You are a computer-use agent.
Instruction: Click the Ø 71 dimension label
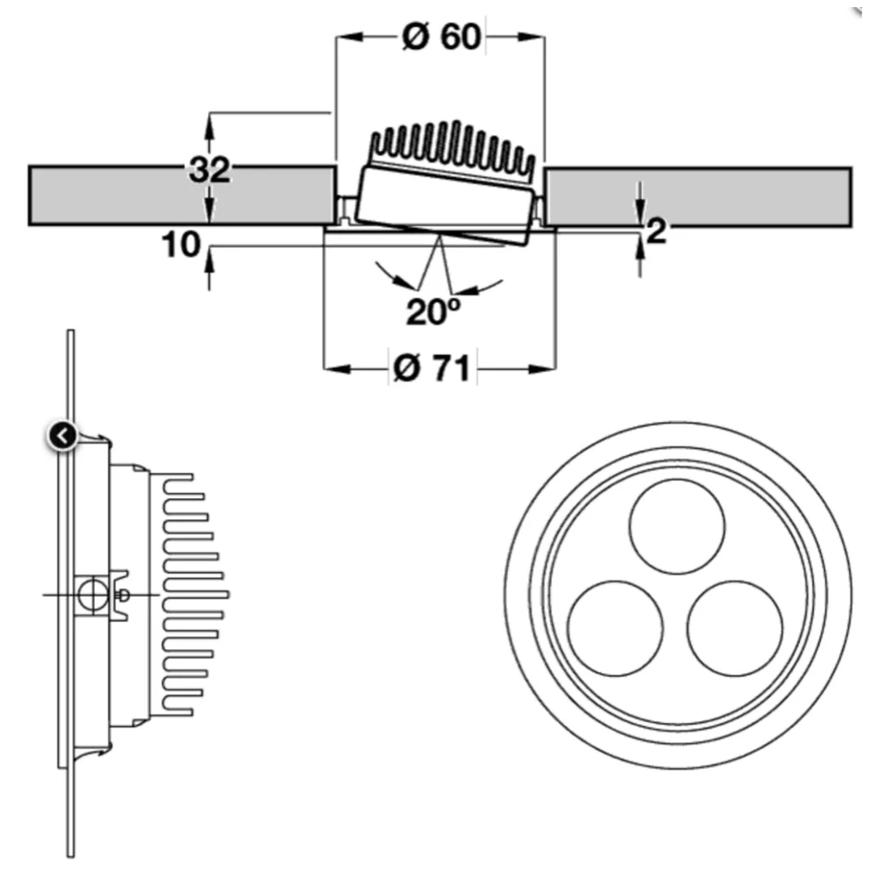(433, 368)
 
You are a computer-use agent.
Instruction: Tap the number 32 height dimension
(210, 169)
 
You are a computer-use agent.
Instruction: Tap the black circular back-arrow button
(62, 434)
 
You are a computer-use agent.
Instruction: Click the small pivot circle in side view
(88, 595)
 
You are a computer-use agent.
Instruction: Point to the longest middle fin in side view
(197, 595)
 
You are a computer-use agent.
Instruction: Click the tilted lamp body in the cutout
(443, 202)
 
